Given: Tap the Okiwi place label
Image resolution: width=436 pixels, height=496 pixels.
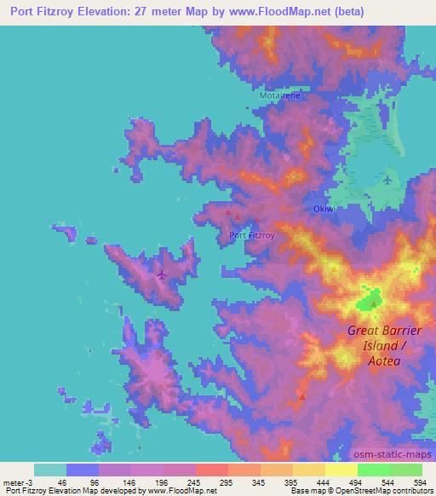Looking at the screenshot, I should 319,210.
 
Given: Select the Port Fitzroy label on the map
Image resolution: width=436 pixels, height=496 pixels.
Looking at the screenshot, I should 250,235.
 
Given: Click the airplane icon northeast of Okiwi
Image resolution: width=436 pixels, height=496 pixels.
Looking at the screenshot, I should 389,181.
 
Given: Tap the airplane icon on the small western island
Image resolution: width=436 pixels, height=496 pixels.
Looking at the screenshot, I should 162,274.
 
